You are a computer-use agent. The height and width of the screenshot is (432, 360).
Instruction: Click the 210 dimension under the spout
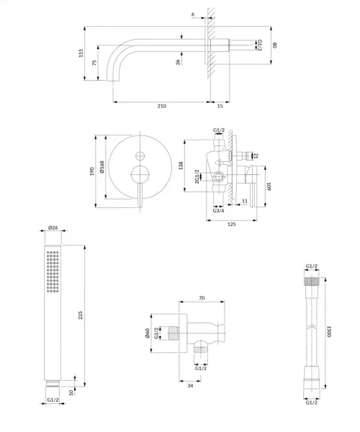162,106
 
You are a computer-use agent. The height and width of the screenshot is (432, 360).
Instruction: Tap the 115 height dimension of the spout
81,53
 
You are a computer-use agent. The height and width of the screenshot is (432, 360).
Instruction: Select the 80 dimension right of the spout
274,45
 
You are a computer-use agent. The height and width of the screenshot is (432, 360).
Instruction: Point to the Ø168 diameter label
102,167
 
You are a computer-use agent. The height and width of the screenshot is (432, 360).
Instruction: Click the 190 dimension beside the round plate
92,171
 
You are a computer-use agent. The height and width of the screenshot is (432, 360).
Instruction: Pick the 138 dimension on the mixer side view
181,166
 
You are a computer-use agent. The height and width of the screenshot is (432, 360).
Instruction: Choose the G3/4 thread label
218,211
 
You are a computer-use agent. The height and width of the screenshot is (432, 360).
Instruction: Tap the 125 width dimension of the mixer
232,224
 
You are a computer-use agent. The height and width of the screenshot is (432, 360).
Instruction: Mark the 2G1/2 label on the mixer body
197,176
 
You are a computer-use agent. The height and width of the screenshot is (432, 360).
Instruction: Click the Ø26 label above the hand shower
53,228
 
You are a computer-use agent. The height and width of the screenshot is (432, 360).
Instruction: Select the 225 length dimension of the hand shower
81,315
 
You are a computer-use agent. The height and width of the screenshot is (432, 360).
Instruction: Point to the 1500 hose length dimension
329,331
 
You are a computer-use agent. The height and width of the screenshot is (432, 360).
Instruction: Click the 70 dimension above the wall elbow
202,298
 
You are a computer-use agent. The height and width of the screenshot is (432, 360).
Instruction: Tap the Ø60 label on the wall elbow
148,333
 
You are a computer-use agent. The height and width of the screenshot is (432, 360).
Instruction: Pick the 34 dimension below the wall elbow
190,386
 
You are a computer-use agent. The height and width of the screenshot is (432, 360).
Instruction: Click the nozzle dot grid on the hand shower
53,271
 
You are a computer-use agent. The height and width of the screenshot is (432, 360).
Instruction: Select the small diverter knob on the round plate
140,156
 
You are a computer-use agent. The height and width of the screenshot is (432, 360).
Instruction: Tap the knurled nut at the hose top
312,282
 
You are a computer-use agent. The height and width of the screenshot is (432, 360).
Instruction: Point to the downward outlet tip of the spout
113,80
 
